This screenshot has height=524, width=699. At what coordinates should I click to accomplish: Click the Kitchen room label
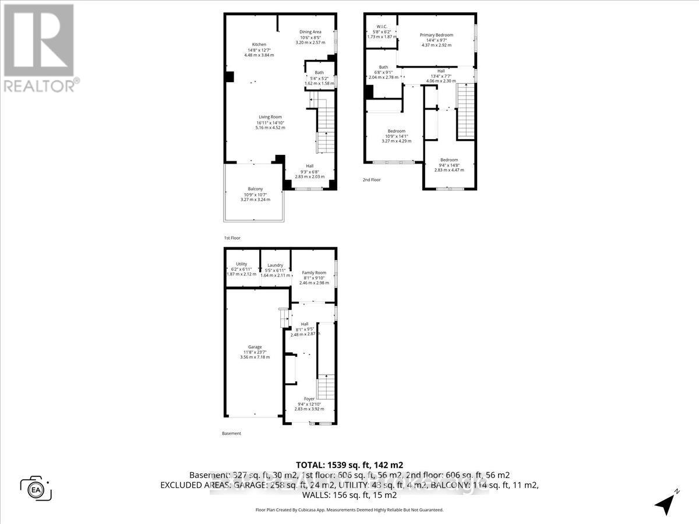pyautogui.click(x=259, y=45)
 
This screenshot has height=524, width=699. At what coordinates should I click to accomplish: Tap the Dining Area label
pyautogui.click(x=310, y=32)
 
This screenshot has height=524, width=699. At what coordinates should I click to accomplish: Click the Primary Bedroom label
pyautogui.click(x=436, y=35)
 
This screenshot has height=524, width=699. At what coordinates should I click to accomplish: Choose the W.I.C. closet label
pyautogui.click(x=382, y=26)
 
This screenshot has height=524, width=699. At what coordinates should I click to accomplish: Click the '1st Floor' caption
pyautogui.click(x=232, y=238)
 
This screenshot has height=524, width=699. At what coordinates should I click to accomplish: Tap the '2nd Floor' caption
pyautogui.click(x=372, y=180)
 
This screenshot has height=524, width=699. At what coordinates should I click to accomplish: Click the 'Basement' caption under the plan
pyautogui.click(x=231, y=434)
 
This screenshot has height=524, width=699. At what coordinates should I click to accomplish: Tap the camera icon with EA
pyautogui.click(x=36, y=488)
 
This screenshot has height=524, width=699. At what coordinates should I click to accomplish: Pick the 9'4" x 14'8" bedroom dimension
pyautogui.click(x=449, y=165)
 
